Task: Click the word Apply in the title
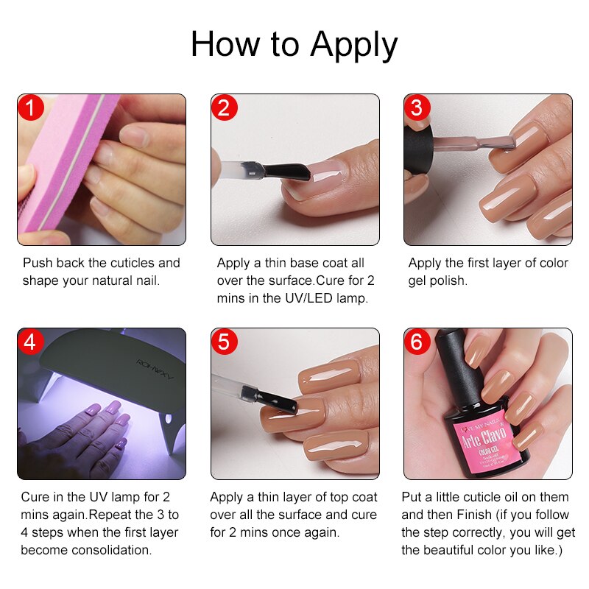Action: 354,45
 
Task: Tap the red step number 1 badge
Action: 30,108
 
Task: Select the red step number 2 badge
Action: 225,108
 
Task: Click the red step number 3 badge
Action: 417,108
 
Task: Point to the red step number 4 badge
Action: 30,342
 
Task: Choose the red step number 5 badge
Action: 225,342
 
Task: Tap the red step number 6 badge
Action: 417,342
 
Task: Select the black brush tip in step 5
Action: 277,402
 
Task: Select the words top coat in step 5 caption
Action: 352,497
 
